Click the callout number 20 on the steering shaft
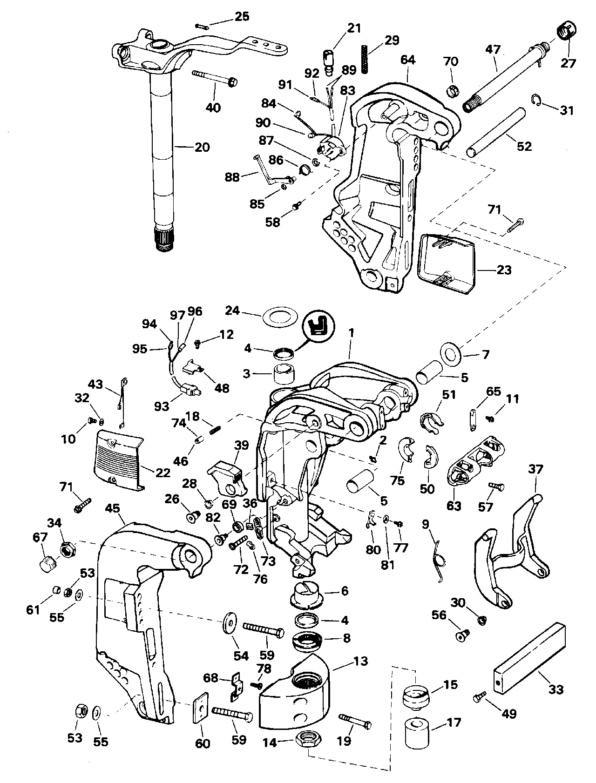click(202, 147)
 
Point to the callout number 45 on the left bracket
click(114, 509)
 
